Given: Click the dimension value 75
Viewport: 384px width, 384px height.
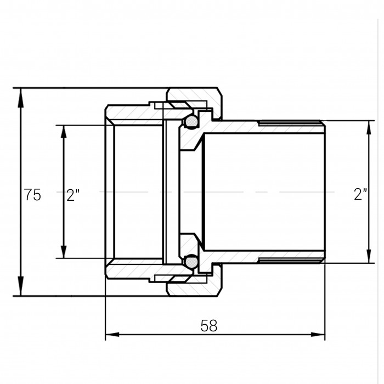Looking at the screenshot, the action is point(32,195).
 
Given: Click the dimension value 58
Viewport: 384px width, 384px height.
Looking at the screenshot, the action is point(209,326).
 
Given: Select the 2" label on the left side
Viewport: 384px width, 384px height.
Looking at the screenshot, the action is point(73,195).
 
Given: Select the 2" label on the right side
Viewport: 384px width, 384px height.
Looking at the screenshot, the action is point(360,194).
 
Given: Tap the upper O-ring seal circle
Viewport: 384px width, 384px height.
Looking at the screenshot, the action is point(191,121).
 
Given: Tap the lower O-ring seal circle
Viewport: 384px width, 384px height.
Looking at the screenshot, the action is point(191,262).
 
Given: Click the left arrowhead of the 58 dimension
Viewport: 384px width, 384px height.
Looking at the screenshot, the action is point(112,334).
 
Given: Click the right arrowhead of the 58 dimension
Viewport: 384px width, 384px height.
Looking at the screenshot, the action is point(318,334).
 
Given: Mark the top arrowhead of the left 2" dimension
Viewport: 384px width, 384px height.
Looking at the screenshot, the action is point(64,132).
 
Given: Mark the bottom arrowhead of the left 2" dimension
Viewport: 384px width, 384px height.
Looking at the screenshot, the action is point(64,251).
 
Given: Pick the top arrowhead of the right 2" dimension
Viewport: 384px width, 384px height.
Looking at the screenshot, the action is point(369,127).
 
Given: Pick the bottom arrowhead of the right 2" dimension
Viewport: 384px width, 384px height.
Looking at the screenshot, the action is point(369,256).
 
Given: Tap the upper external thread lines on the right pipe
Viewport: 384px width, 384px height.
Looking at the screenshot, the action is point(291,123).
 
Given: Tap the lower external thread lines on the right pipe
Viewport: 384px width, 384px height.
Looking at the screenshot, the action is point(291,261).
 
